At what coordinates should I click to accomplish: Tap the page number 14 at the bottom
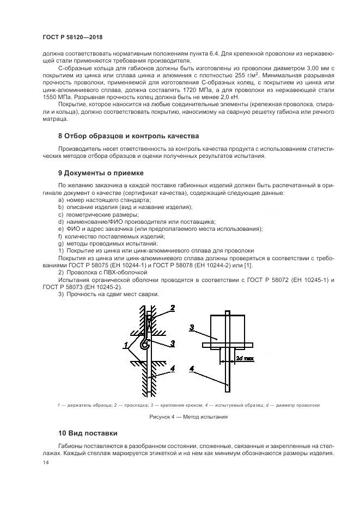click(x=45, y=462)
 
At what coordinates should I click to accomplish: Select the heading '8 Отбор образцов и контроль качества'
click(x=128, y=136)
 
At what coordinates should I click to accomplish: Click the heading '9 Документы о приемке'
click(x=100, y=173)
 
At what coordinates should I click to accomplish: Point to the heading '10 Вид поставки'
click(x=87, y=433)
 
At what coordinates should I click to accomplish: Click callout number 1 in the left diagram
click(x=126, y=345)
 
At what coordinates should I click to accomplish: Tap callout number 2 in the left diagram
click(x=172, y=308)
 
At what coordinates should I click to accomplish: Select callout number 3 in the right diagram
click(x=192, y=328)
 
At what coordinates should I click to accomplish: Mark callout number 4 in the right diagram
click(x=192, y=369)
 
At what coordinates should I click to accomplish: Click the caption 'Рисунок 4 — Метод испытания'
click(x=180, y=417)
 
